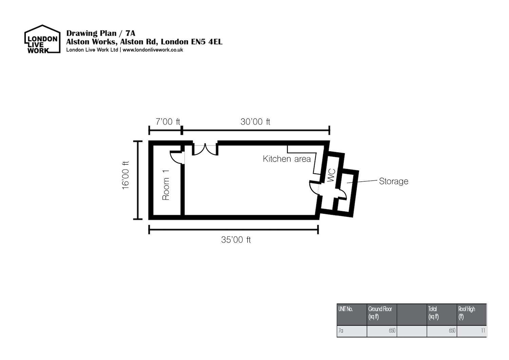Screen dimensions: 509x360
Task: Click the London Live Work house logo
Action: point(42,39)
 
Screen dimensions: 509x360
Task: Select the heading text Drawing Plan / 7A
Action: point(101,33)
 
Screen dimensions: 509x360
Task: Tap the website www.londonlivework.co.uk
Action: point(153,50)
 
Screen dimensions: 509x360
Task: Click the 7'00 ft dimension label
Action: point(168,122)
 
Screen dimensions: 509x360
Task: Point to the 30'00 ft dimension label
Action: point(256,122)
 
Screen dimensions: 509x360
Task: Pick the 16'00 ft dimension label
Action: point(126,175)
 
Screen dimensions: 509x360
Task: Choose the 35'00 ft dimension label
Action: point(236,240)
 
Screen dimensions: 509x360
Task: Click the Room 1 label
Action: point(166,185)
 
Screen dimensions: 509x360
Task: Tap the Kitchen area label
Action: point(287,159)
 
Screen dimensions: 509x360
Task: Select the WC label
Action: point(331,175)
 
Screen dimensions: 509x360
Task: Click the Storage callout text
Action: point(394,182)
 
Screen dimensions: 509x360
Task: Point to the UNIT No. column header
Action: point(345,309)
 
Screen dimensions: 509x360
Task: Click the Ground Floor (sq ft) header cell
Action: point(380,313)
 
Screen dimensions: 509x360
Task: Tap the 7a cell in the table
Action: point(341,330)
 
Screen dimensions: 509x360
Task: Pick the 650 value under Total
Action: point(452,330)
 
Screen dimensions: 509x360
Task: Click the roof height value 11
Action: point(483,330)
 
